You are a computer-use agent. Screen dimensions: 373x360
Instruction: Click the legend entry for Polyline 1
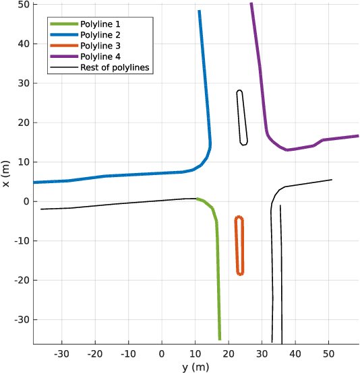pyautogui.click(x=100, y=24)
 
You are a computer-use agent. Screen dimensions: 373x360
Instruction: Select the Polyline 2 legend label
pyautogui.click(x=100, y=35)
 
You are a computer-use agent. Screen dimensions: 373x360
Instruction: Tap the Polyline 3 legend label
pyautogui.click(x=100, y=46)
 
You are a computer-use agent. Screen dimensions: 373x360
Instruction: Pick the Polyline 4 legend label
pyautogui.click(x=100, y=57)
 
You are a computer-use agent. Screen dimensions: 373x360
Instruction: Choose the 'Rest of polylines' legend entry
pyautogui.click(x=114, y=67)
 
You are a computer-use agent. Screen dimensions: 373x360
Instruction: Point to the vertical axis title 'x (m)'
pyautogui.click(x=6, y=174)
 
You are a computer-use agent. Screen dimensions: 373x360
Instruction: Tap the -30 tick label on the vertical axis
pyautogui.click(x=20, y=320)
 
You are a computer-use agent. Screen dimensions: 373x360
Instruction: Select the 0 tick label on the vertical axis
pyautogui.click(x=25, y=201)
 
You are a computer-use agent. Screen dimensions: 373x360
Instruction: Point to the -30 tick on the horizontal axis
pyautogui.click(x=61, y=353)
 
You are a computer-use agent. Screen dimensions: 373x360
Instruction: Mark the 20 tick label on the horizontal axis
pyautogui.click(x=229, y=353)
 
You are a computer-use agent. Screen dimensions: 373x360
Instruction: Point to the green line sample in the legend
pyautogui.click(x=63, y=24)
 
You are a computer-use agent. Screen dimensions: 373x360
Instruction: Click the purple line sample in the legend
pyautogui.click(x=63, y=57)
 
